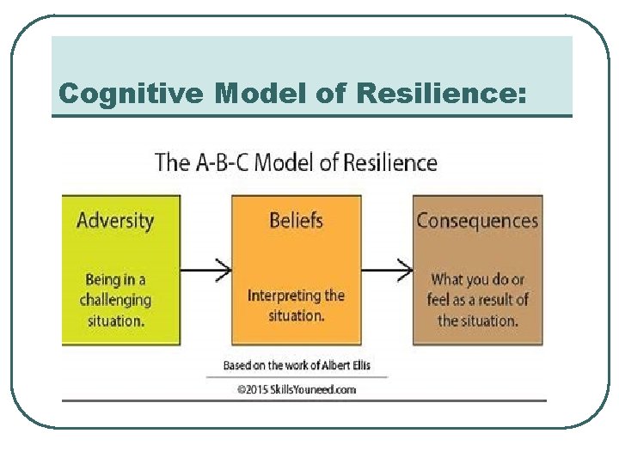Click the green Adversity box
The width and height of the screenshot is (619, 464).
[120, 271]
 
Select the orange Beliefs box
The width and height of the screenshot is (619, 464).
[297, 271]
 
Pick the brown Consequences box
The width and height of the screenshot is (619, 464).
[477, 271]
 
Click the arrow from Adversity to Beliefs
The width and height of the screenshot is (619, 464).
[206, 270]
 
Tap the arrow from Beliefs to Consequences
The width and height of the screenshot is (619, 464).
[387, 270]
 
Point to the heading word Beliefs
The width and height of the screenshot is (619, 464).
[297, 220]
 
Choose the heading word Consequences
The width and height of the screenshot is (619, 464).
[477, 220]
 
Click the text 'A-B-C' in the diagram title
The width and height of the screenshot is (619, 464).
[224, 162]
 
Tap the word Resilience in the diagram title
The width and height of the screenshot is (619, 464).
[392, 162]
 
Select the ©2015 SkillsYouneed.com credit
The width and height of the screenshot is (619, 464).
[297, 389]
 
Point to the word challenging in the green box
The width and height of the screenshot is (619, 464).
[115, 300]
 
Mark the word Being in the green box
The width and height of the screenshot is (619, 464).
[103, 279]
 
